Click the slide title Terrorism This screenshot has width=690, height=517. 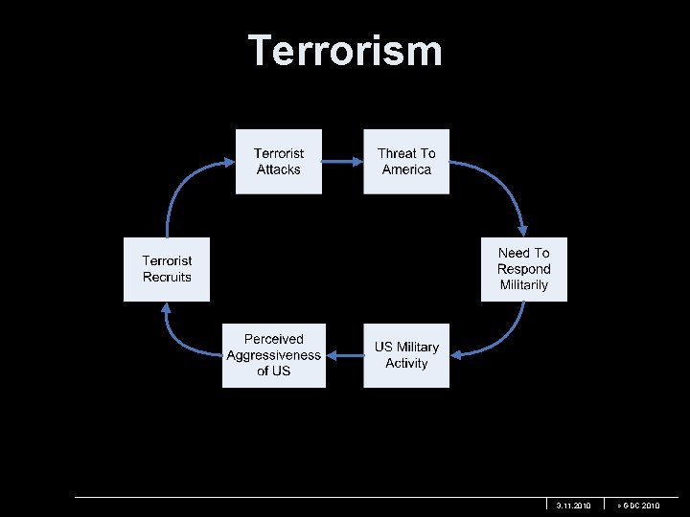(x=345, y=51)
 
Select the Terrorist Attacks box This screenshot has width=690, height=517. (x=279, y=161)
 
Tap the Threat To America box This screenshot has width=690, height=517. (x=406, y=161)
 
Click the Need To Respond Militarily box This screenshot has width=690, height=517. (x=523, y=269)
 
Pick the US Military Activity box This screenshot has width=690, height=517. (x=406, y=355)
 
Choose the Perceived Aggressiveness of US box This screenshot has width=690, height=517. (x=274, y=355)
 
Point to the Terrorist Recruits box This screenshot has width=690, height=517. (x=167, y=269)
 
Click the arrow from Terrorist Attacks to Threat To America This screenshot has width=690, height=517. (x=342, y=162)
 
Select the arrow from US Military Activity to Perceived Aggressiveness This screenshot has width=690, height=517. (x=344, y=355)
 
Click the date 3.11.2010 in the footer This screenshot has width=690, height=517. (x=574, y=505)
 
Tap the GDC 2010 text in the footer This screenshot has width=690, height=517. (x=639, y=505)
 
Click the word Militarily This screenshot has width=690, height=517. (x=523, y=285)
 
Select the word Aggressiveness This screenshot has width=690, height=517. (x=274, y=355)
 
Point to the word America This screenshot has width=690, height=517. (x=406, y=169)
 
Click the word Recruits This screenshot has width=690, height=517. (x=167, y=278)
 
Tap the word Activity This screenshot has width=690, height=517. (x=406, y=364)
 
